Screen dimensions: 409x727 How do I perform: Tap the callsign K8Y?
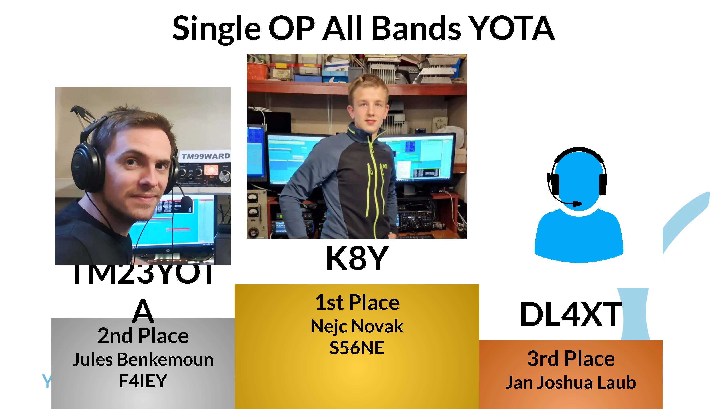(357, 258)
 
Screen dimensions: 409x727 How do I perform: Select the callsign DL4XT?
(571, 314)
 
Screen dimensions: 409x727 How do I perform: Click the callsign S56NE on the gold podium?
(357, 348)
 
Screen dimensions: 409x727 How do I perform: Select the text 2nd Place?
(143, 336)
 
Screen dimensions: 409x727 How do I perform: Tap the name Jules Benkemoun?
(143, 360)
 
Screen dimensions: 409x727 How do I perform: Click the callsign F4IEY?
(143, 381)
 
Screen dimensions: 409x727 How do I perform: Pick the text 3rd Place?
(571, 359)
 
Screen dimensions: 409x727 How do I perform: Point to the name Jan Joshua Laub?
(571, 382)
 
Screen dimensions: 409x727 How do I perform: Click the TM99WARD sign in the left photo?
(205, 156)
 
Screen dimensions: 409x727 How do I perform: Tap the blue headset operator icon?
(579, 206)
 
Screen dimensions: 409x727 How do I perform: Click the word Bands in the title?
(416, 28)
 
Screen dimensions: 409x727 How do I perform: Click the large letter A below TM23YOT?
(143, 311)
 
